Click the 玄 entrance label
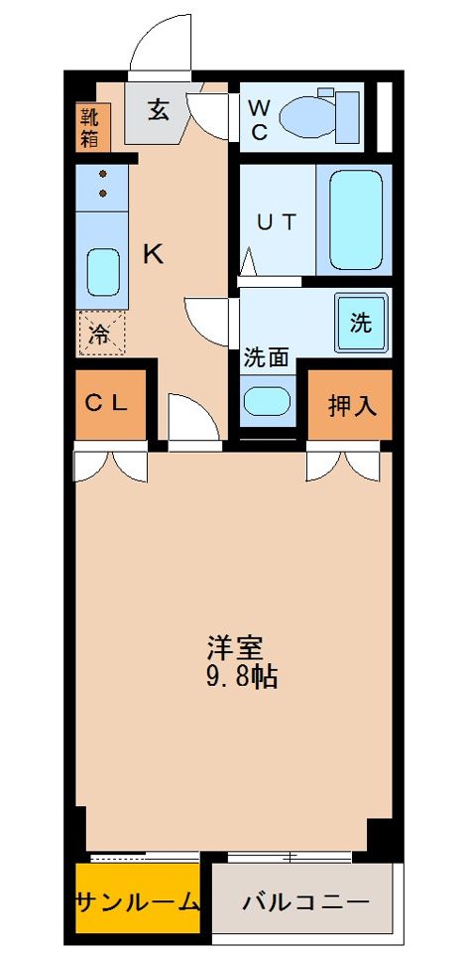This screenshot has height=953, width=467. pos(160,108)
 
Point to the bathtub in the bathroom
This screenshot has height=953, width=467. pos(353,219)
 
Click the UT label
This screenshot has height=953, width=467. pos(276,222)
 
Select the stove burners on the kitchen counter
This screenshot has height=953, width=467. pos(102,185)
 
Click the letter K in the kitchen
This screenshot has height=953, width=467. pos(153,254)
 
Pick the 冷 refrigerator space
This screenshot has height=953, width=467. pos(101,334)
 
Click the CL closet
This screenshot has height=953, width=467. pos(110,403)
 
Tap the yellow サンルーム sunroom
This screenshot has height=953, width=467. pos(138,902)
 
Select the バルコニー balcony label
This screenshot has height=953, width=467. pos(305,902)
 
